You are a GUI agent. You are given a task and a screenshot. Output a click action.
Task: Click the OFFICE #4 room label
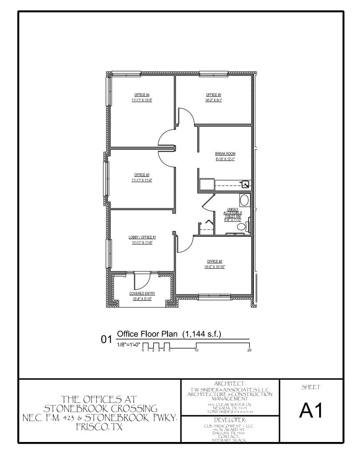[x=141, y=95]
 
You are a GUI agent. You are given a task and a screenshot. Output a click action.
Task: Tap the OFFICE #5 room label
[x=213, y=95]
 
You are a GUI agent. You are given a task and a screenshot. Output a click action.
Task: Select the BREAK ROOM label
[x=224, y=154]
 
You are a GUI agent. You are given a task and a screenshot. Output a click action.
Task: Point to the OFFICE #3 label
[x=141, y=175]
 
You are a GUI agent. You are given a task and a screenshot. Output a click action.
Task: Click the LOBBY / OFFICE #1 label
[x=142, y=237]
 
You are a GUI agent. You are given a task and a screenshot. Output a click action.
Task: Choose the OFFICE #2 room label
[x=214, y=261]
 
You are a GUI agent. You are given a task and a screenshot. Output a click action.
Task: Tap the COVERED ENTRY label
[x=142, y=294]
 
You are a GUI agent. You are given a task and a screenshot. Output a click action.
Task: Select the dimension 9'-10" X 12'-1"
[x=224, y=159]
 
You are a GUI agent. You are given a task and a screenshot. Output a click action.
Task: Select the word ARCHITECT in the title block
[x=230, y=383]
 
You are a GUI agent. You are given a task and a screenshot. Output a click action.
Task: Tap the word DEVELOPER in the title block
[x=230, y=419]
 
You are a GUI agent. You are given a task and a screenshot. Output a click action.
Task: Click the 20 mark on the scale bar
[x=249, y=350]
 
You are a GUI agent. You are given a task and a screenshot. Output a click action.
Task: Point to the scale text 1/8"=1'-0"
[x=128, y=345]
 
